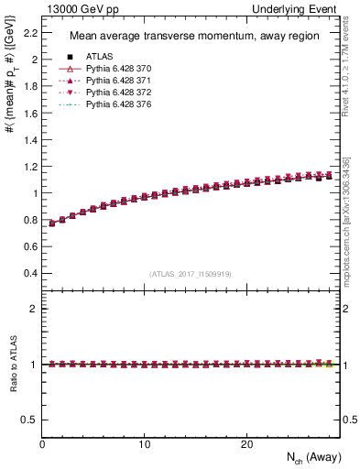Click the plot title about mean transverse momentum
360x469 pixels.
point(186,37)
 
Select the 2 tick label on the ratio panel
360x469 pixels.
point(34,309)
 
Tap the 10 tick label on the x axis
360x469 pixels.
point(144,444)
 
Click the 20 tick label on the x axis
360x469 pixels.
point(246,444)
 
